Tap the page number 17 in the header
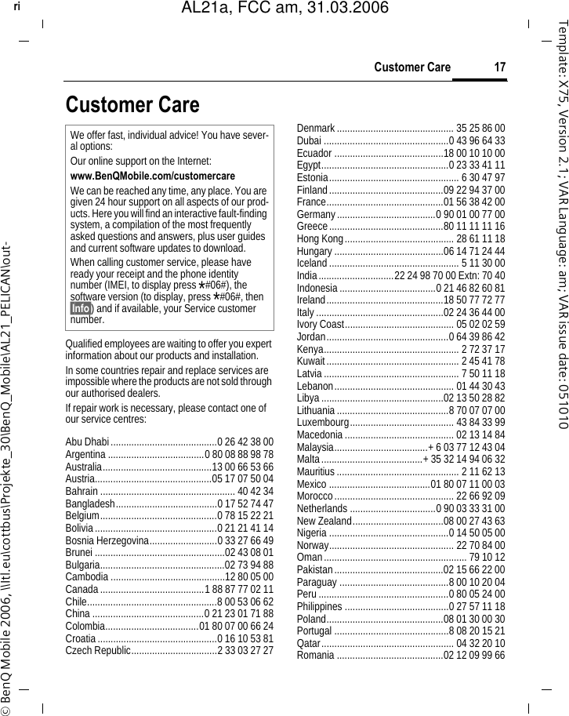pos(498,67)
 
